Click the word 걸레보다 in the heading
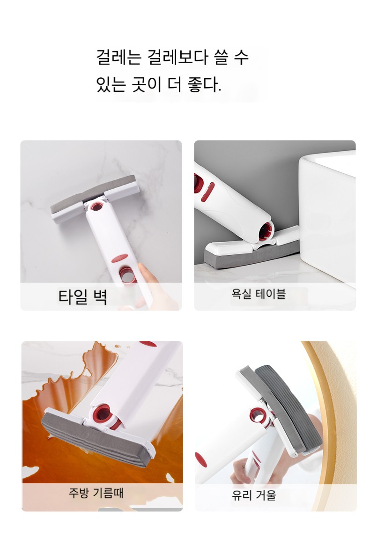coord(178,57)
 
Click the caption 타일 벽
coord(82,297)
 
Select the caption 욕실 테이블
coord(259,294)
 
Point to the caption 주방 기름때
coord(96,493)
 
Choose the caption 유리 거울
coord(254,495)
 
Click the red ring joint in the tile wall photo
coord(96,206)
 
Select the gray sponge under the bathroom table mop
coord(251,255)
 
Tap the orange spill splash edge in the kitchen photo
coord(52,384)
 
